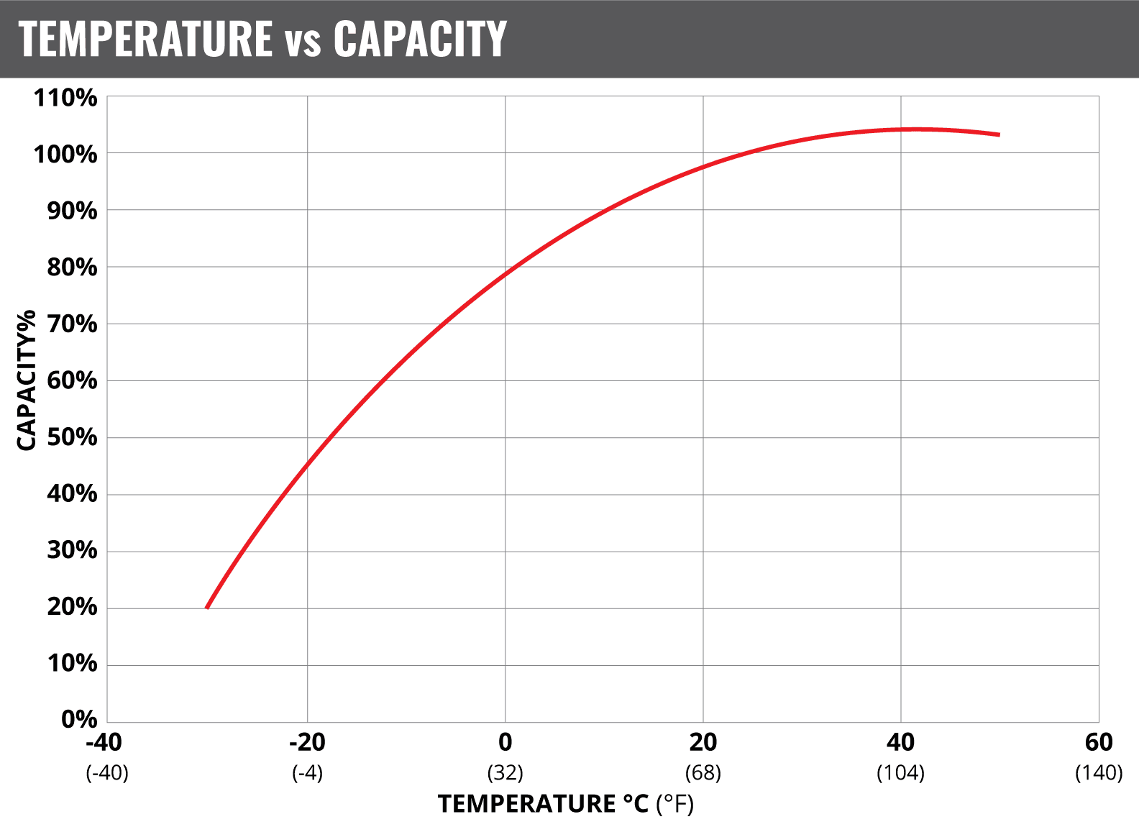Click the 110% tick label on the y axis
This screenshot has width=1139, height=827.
(65, 98)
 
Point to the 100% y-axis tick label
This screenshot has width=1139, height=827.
(65, 154)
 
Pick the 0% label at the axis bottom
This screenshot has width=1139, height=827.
(78, 719)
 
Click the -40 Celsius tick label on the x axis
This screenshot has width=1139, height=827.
(104, 742)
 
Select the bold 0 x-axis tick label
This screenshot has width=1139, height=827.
(506, 742)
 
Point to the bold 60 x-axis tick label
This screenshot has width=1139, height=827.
(1099, 742)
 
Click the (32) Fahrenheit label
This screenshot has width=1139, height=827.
(506, 773)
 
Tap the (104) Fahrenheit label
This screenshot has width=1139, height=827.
(900, 773)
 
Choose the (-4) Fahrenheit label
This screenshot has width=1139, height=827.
(307, 773)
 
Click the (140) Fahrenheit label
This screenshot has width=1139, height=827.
(1099, 773)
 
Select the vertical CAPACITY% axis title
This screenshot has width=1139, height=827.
(27, 380)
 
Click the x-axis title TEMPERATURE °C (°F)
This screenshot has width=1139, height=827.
(566, 804)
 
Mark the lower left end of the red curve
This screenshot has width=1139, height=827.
(207, 608)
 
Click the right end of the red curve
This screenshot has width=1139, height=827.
(999, 134)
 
